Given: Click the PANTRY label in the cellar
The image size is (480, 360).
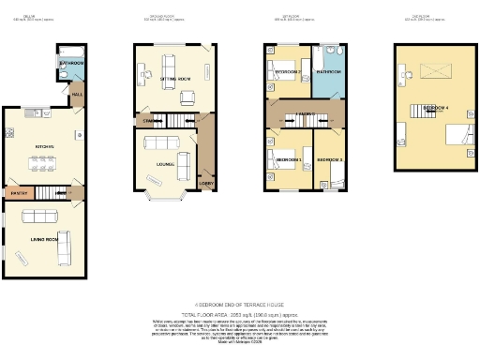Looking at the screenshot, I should [16, 193].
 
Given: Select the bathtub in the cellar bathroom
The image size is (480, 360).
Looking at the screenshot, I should [72, 52].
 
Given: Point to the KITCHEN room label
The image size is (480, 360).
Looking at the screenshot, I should [43, 147].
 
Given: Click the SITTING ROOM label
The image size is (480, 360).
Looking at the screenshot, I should [174, 81].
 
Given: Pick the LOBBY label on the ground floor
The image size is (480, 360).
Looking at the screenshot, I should [207, 183].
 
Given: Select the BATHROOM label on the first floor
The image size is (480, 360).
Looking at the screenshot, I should [328, 71].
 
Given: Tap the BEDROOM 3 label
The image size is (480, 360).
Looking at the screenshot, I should [329, 160].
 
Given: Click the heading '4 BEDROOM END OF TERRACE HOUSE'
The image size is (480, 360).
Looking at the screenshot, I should [240, 305].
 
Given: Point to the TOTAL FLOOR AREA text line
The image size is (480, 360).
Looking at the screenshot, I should [240, 313].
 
